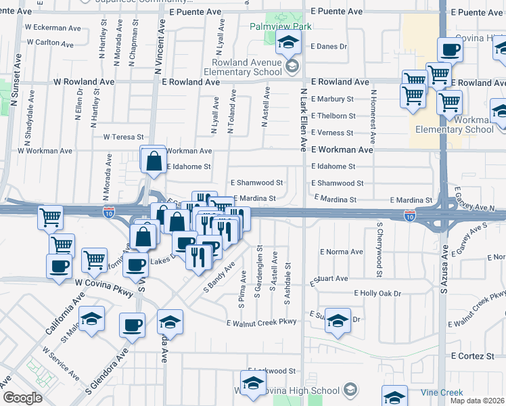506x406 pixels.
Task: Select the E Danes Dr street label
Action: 329,47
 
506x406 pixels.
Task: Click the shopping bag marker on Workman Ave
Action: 154,160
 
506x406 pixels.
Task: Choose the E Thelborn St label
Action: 333,116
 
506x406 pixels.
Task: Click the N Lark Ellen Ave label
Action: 304,116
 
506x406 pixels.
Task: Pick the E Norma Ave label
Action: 342,252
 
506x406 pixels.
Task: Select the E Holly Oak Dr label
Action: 377,294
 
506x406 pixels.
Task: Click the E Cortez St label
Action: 471,355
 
